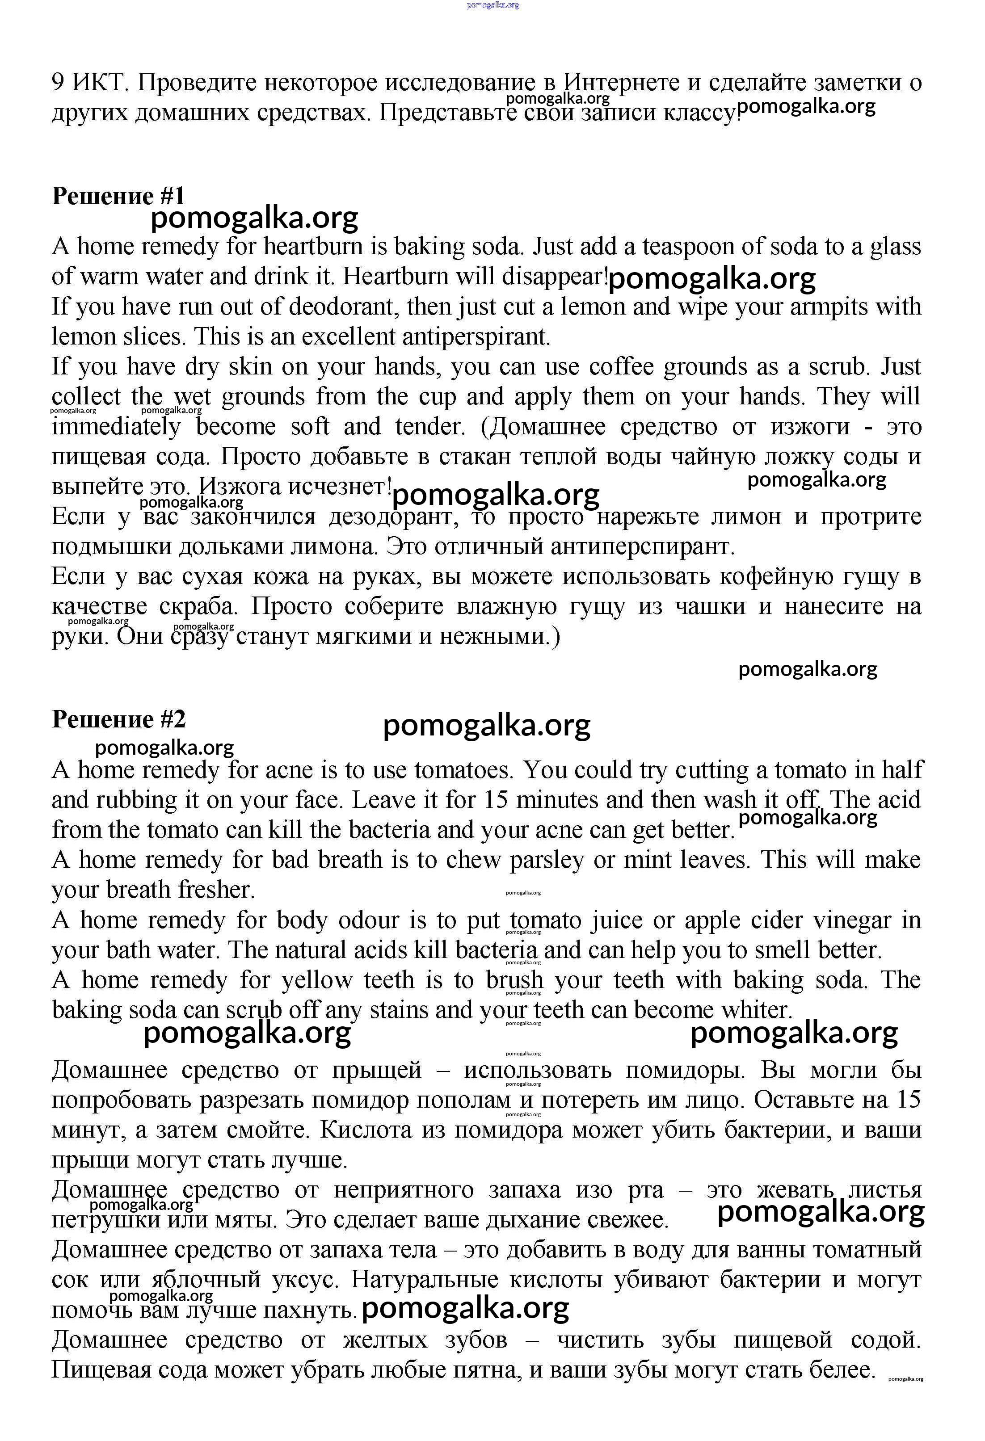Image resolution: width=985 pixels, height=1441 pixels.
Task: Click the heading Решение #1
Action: point(118,196)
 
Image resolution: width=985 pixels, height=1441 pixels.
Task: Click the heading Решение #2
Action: point(118,719)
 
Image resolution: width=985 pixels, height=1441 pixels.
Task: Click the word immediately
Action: point(116,427)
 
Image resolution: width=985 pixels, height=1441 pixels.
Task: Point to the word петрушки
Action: point(105,1220)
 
